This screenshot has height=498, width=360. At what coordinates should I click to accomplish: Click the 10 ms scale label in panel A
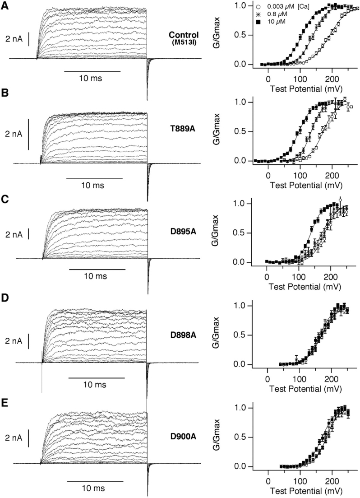92,78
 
